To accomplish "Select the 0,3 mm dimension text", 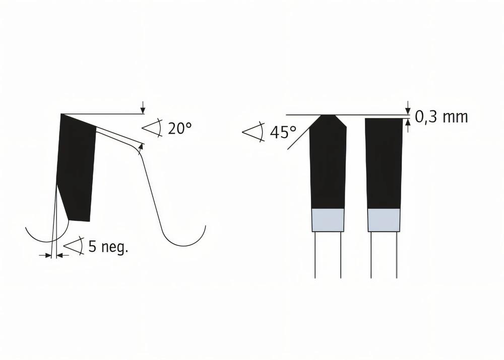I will tap(442, 117).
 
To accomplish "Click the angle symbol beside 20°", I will tap(152, 128).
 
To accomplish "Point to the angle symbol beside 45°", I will tap(254, 132).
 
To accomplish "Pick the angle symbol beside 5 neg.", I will tap(74, 246).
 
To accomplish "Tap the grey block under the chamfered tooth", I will tap(328, 220).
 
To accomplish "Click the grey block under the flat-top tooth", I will tap(384, 220).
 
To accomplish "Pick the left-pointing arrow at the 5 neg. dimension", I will tap(60, 256).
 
